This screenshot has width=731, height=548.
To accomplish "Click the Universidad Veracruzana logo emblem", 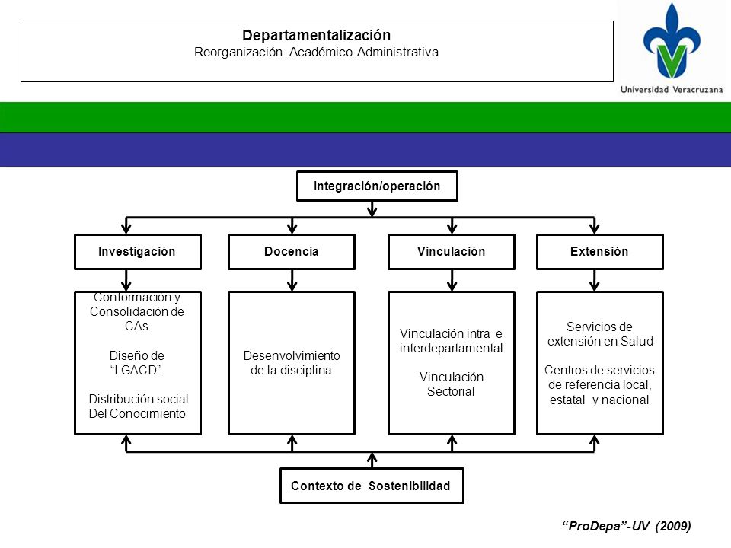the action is (672, 41).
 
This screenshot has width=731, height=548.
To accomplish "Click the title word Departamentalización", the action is (317, 36).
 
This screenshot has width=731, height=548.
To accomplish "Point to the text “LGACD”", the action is (137, 371).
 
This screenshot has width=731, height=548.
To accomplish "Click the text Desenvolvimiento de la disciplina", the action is (292, 363).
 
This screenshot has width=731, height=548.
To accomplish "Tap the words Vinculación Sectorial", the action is (452, 384).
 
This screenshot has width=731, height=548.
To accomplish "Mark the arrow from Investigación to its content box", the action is (126, 281).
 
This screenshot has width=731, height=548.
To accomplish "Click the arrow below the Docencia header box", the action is (292, 281).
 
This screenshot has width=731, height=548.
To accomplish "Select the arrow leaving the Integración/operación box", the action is (372, 209).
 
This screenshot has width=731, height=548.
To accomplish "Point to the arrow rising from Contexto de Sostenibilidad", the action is (372, 460).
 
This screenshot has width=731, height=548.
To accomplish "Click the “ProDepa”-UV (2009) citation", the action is (627, 527).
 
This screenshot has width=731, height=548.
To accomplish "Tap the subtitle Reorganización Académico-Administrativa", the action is (317, 53).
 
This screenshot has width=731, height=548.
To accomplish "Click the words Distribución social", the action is (139, 399).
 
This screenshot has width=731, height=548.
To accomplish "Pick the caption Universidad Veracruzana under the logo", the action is (672, 90).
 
